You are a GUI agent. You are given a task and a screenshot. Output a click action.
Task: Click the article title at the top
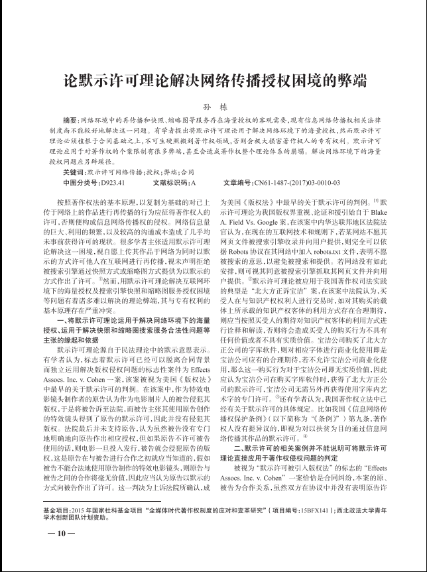[213, 82]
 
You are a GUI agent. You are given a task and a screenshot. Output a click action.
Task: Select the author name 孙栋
[213, 107]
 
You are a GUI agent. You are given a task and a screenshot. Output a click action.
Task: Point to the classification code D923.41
[115, 181]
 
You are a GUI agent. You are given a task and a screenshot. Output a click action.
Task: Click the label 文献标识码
[169, 181]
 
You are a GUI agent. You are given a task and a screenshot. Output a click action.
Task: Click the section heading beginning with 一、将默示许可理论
[127, 301]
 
